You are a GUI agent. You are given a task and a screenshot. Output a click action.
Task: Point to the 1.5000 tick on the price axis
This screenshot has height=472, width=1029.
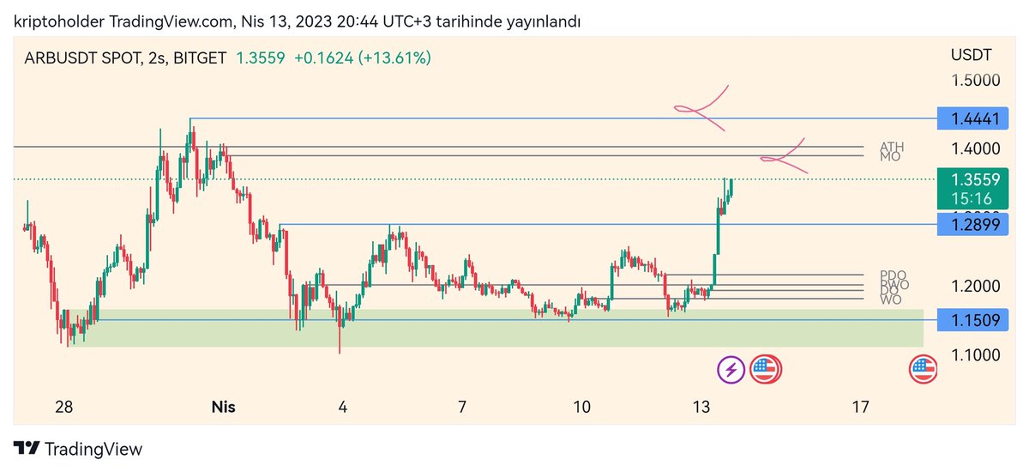point(975,80)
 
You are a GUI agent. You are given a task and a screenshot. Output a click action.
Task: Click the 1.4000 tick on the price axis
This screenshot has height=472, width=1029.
point(975,148)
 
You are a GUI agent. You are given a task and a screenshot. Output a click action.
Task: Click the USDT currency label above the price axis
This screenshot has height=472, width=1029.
point(971,56)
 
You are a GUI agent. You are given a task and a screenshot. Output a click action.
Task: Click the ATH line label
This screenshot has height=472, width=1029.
point(892,147)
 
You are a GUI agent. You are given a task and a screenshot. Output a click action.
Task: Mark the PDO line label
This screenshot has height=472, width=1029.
point(893,275)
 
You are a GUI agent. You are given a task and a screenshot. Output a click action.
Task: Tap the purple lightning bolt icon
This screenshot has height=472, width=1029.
point(731,370)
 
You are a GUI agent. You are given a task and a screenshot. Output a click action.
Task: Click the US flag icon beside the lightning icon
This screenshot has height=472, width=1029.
point(765,370)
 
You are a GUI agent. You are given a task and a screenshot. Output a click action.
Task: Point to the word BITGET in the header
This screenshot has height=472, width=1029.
point(200,58)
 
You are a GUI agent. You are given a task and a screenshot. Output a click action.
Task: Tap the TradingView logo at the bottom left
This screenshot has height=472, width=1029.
point(78,449)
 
